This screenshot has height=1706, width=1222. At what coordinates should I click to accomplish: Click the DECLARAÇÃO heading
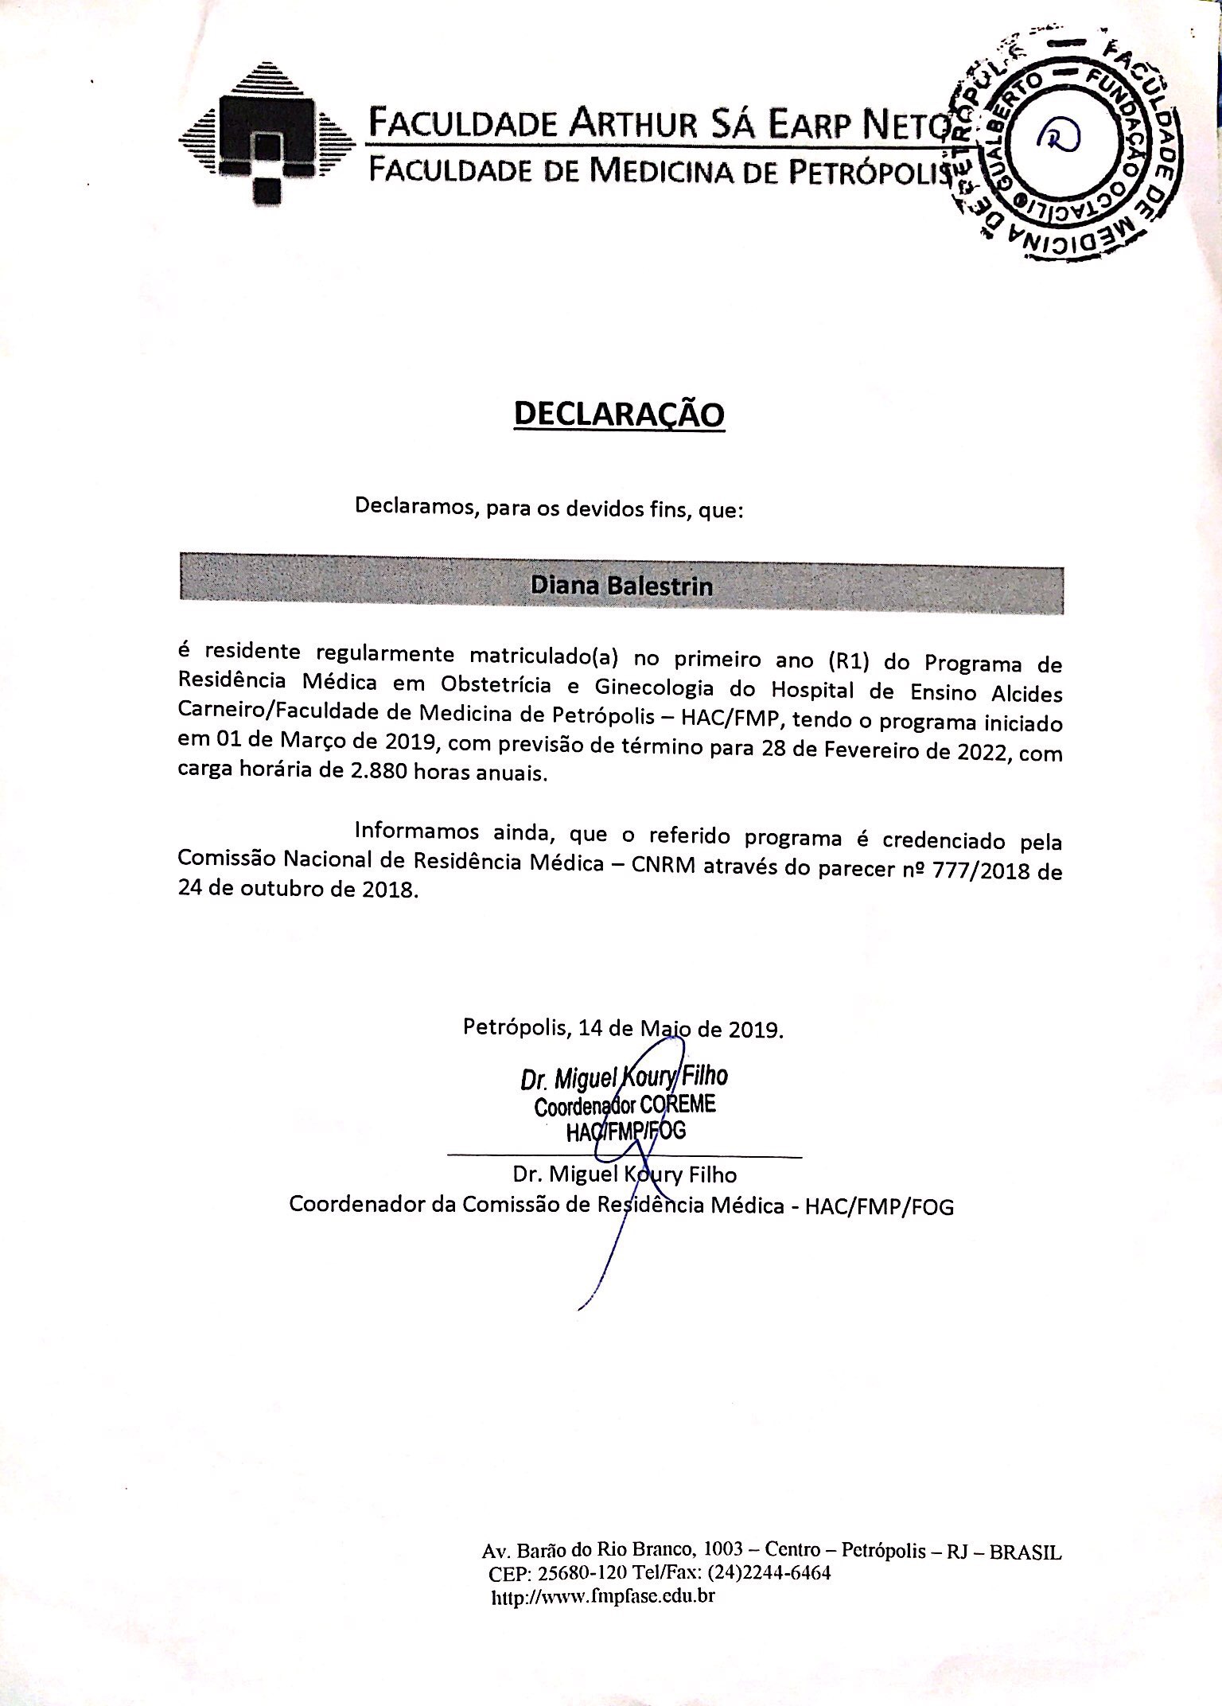tap(619, 415)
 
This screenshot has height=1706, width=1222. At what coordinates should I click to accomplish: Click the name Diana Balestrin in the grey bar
tap(621, 586)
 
